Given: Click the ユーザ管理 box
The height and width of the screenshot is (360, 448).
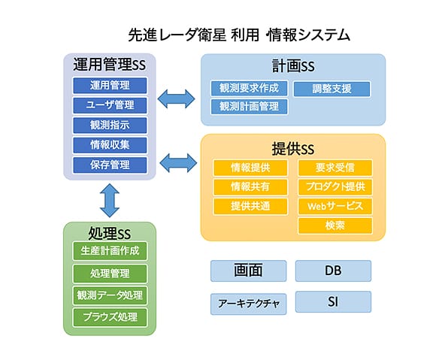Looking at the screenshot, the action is tap(110, 105).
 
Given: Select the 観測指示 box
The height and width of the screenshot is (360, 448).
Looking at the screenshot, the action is tap(110, 126).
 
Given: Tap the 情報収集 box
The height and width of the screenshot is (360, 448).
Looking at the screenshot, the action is tap(110, 145).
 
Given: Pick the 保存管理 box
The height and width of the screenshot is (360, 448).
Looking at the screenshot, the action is tap(110, 165).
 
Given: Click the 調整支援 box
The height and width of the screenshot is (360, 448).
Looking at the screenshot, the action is tap(332, 89).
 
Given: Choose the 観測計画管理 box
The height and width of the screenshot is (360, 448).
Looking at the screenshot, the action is tap(249, 107).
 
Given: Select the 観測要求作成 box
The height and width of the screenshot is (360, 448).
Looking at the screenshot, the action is tap(249, 88).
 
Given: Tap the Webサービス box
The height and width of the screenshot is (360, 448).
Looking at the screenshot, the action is tap(335, 206).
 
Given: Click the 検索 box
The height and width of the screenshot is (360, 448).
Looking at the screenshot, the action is tap(335, 225).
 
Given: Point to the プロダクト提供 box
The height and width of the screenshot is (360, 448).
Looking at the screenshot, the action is tap(335, 187).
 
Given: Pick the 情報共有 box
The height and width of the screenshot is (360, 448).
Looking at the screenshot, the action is tap(250, 187).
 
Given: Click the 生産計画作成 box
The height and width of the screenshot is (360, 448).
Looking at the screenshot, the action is tap(110, 251).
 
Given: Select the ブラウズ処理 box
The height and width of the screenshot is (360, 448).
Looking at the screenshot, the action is tap(110, 317).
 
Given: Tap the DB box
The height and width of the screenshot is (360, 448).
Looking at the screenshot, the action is tap(333, 271).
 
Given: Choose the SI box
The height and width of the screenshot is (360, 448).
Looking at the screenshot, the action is tap(333, 301).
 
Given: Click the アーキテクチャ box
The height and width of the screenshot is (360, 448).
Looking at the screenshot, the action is tap(249, 304).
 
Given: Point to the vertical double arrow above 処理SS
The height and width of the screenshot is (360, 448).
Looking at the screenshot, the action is tap(110, 201).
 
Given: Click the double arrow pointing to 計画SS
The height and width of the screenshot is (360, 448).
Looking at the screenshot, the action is tap(177, 99).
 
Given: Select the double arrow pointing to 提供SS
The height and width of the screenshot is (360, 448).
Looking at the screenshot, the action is tap(178, 163).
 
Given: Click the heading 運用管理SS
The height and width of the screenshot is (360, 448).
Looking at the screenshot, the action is tap(110, 64).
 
